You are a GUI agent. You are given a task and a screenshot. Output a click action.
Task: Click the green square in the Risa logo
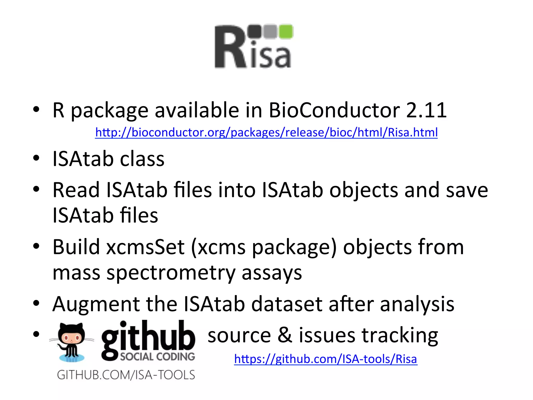click(286, 32)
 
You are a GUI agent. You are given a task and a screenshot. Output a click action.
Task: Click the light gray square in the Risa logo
click(270, 32)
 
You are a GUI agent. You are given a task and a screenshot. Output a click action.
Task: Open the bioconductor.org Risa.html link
click(266, 132)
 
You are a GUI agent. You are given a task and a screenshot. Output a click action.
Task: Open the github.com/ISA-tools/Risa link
click(326, 359)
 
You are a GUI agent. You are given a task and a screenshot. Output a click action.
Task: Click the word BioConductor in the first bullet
click(334, 110)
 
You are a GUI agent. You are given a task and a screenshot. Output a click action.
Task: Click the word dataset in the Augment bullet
click(287, 304)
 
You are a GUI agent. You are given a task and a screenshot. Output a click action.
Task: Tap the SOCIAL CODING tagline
click(157, 357)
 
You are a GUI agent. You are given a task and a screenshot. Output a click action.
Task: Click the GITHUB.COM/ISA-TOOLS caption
click(126, 375)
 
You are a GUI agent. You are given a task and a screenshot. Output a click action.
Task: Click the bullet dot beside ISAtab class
click(36, 158)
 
